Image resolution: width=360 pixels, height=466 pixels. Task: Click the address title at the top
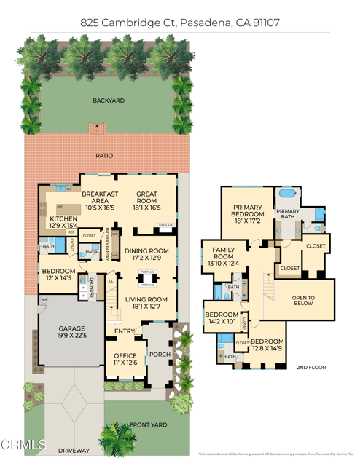180,23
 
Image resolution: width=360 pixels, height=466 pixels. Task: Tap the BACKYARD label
106,100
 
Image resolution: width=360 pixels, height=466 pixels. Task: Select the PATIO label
104,155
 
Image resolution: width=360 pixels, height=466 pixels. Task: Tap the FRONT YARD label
148,424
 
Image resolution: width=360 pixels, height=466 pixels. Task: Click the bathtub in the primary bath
286,195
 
